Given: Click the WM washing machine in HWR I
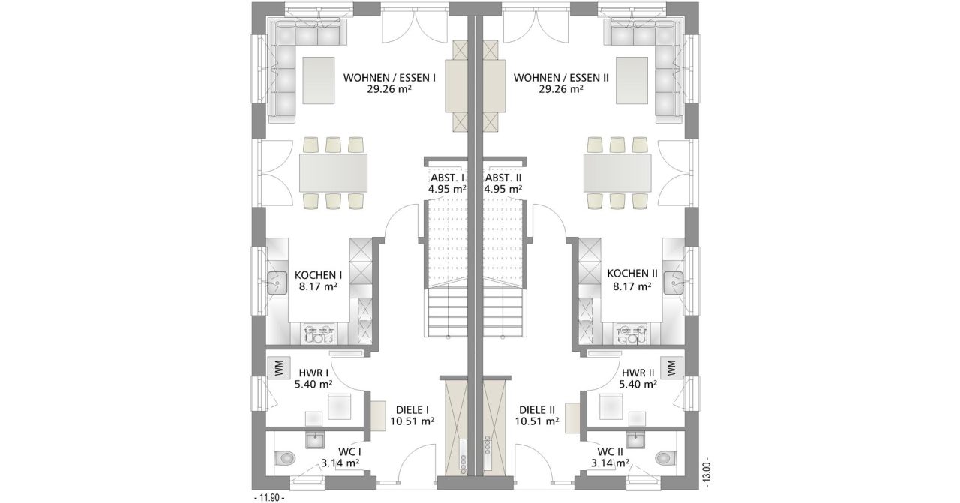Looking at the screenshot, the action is [x=279, y=367].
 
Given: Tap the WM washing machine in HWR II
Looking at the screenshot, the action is [x=671, y=367].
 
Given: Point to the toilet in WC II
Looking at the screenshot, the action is [x=665, y=459].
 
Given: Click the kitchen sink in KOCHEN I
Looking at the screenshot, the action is [x=277, y=283].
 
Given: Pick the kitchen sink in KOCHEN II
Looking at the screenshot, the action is [x=673, y=283].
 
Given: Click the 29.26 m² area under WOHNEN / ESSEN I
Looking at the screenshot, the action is [x=389, y=89].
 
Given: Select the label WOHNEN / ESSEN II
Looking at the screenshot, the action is [x=561, y=78].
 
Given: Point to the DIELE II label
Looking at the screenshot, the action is [x=537, y=410].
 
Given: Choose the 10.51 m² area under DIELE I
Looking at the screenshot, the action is [x=412, y=421].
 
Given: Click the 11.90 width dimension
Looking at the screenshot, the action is [x=269, y=498].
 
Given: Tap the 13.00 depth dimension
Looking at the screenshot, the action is [x=706, y=474].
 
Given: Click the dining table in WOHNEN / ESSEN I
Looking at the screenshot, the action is [x=334, y=173].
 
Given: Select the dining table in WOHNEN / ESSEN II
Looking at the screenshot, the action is [x=617, y=173].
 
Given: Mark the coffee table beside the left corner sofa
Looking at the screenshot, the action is [x=319, y=80].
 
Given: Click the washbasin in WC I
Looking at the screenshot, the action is [x=314, y=440].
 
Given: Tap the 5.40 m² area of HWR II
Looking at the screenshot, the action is [x=638, y=385].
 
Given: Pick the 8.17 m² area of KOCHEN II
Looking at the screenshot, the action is [x=632, y=286].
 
